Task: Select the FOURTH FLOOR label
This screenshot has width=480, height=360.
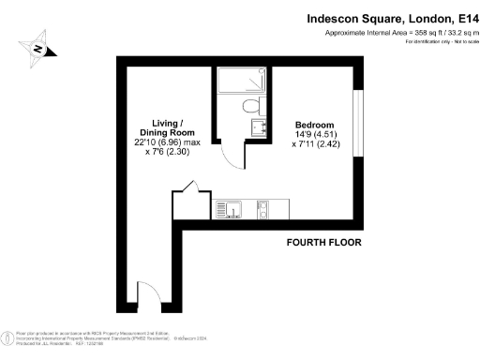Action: pos(324,243)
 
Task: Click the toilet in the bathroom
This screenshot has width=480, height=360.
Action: pos(248,106)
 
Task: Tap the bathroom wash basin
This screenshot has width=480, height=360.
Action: pos(259,127)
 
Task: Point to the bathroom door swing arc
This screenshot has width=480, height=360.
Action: pos(225,150)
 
